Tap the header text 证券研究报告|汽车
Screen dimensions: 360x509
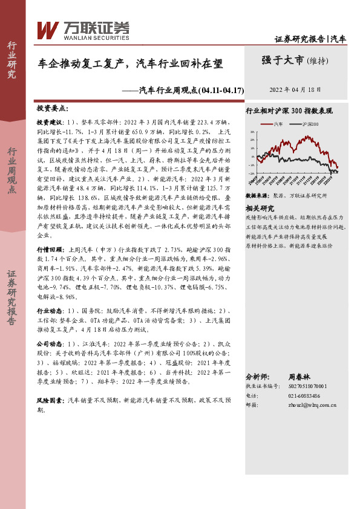pos(310,39)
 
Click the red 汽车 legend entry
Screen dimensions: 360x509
pos(275,124)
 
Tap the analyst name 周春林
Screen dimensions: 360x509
pos(299,376)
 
